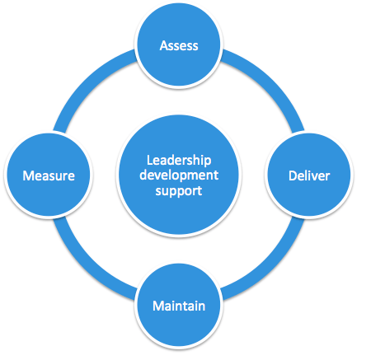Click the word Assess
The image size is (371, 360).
(179, 45)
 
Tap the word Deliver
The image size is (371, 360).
(308, 175)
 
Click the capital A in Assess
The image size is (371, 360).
(163, 45)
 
